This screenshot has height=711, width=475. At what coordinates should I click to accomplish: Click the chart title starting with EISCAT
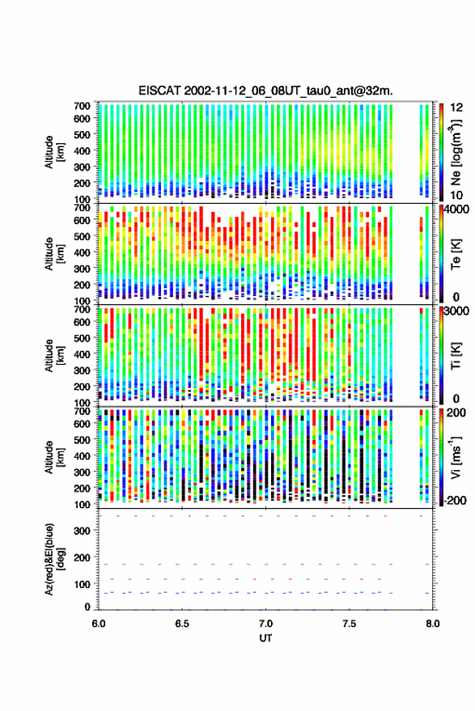[x=265, y=91]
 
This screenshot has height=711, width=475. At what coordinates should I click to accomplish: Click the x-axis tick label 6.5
[x=182, y=624]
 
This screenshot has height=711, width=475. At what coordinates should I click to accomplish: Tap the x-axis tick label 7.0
[x=265, y=624]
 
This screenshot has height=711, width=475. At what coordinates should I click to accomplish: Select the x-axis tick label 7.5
[x=349, y=624]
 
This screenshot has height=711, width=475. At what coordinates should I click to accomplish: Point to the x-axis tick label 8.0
[x=432, y=624]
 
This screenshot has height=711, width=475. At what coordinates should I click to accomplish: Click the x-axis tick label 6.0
[x=99, y=624]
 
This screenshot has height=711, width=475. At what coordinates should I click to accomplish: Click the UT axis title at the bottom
[x=265, y=638]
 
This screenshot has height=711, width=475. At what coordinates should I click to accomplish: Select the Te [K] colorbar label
[x=456, y=254]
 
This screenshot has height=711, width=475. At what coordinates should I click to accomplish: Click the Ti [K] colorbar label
[x=456, y=356]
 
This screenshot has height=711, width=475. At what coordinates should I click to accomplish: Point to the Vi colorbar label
[x=456, y=458]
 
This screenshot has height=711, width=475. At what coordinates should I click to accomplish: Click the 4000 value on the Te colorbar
[x=456, y=211]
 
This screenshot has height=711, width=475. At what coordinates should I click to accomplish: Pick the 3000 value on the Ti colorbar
[x=456, y=311]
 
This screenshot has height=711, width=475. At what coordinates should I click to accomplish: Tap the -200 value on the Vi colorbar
[x=453, y=500]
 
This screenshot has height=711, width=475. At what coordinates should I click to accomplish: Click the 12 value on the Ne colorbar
[x=456, y=108]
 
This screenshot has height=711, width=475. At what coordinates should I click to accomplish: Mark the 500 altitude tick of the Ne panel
[x=82, y=134]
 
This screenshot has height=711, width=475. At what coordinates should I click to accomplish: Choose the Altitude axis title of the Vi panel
[x=54, y=457]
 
